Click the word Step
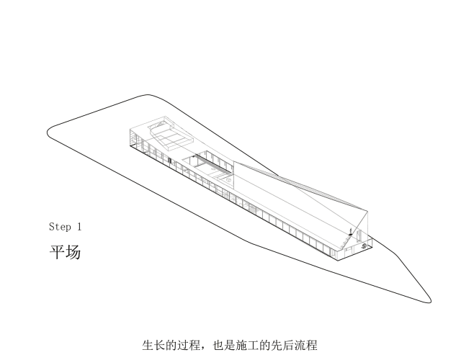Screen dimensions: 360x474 [x=60, y=226]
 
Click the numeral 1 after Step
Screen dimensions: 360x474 [x=79, y=226]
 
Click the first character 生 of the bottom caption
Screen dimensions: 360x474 [x=148, y=345]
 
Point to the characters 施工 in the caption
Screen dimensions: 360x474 [x=248, y=345]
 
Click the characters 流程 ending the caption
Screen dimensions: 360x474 [x=306, y=345]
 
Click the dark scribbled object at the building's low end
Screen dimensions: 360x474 [x=365, y=246]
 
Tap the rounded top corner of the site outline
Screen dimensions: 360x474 [x=148, y=95]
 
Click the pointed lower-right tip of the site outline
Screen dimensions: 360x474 [x=430, y=301]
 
